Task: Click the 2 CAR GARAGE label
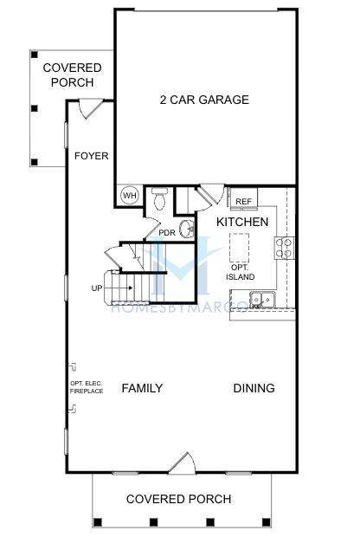[x=204, y=100]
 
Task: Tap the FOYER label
[x=92, y=156]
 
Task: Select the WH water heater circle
[x=130, y=195]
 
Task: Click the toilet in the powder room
[x=159, y=198]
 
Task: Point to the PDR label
[x=167, y=232]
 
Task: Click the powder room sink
[x=186, y=230]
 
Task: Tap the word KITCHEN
[x=242, y=222]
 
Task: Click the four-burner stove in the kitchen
[x=285, y=248]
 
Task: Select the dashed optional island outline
[x=240, y=248]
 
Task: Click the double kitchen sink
[x=262, y=300]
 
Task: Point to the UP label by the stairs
[x=97, y=288]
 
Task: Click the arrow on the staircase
[x=119, y=288]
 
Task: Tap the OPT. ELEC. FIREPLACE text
[x=87, y=387]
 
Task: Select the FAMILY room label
[x=142, y=388]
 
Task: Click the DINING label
[x=254, y=388]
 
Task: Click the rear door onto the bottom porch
[x=182, y=463]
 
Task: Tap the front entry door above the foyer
[x=91, y=109]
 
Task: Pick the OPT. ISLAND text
[x=240, y=272]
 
